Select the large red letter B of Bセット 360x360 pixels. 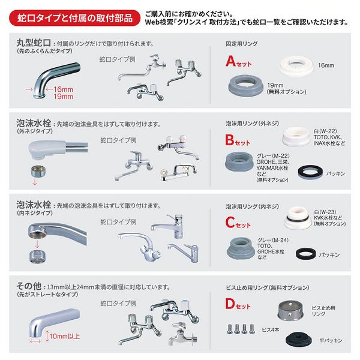230,142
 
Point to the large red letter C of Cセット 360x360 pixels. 230,223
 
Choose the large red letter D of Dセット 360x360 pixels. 230,305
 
